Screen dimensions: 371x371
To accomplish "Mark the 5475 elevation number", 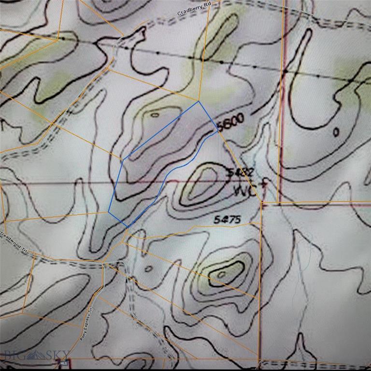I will [227, 219].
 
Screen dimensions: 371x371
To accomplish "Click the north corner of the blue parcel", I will [198, 101].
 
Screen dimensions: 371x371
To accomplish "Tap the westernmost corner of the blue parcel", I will [108, 212].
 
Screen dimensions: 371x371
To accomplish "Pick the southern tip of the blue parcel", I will [127, 227].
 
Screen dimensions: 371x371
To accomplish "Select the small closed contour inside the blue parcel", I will [155, 115].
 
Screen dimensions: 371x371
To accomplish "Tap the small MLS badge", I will [62, 362].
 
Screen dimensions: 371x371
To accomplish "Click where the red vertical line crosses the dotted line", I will [285, 71].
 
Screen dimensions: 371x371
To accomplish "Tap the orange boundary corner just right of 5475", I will [261, 203].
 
